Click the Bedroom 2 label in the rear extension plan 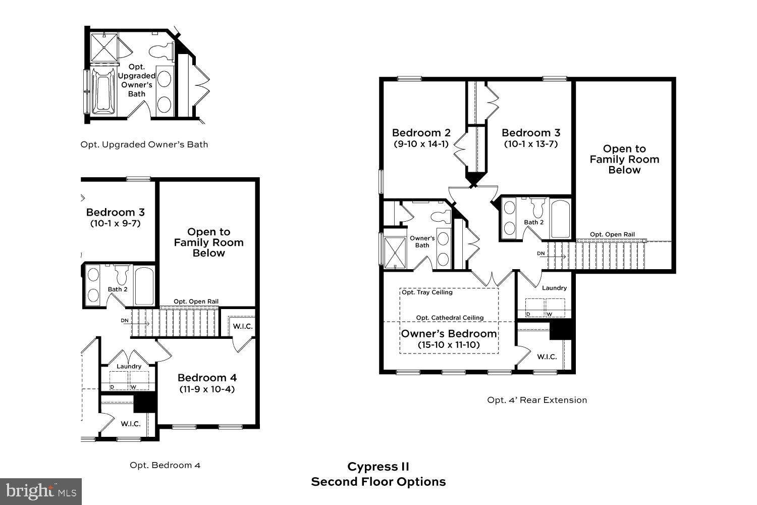pyautogui.click(x=421, y=133)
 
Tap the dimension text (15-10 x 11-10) pyautogui.click(x=449, y=345)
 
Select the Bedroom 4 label pyautogui.click(x=207, y=378)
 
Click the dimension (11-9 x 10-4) pyautogui.click(x=207, y=389)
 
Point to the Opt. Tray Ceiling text pyautogui.click(x=427, y=292)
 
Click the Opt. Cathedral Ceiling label pyautogui.click(x=450, y=318)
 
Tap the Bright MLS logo pyautogui.click(x=40, y=491)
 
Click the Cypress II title pyautogui.click(x=378, y=467)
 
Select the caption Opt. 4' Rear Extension pyautogui.click(x=537, y=400)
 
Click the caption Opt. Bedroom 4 pyautogui.click(x=165, y=465)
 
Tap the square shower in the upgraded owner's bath pyautogui.click(x=104, y=47)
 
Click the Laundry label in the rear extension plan pyautogui.click(x=554, y=288)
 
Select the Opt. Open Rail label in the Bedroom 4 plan pyautogui.click(x=196, y=301)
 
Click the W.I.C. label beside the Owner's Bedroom pyautogui.click(x=547, y=357)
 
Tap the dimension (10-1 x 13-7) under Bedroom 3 pyautogui.click(x=531, y=144)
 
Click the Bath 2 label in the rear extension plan pyautogui.click(x=533, y=222)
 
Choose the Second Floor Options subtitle pyautogui.click(x=378, y=482)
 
